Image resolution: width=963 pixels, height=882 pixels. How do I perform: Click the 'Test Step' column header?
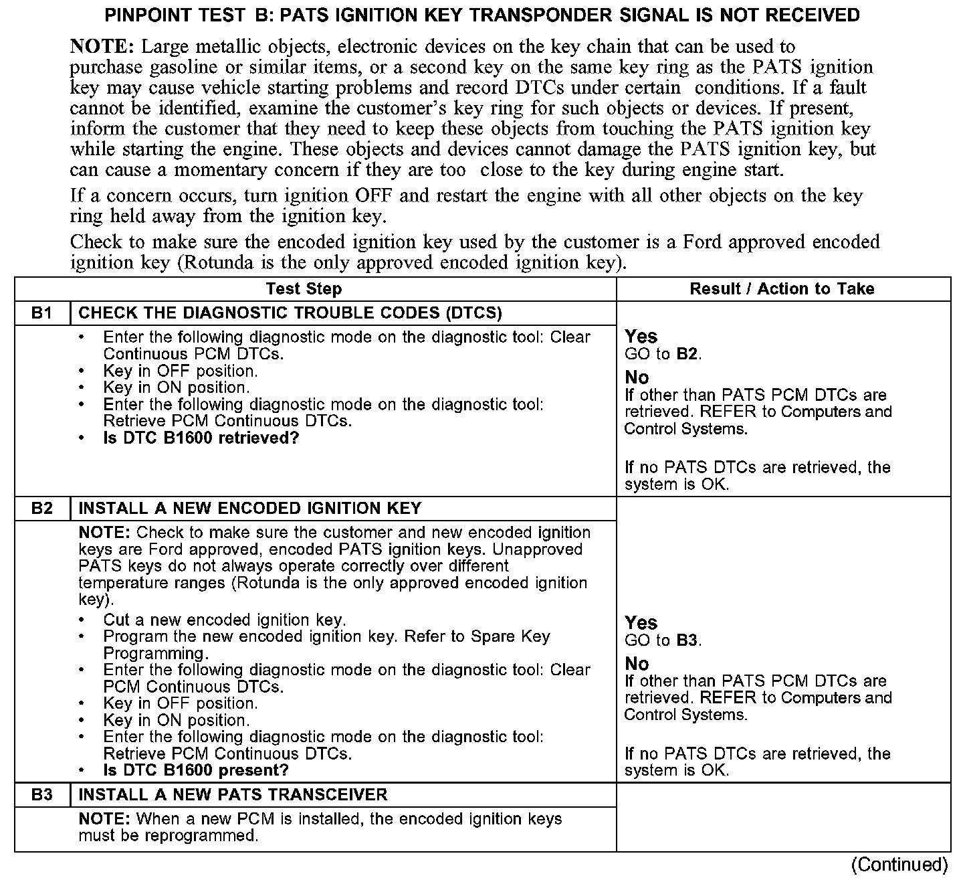click(x=304, y=289)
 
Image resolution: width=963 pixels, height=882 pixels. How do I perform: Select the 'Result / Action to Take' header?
click(x=782, y=289)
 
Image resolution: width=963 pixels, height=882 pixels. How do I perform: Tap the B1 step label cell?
click(x=41, y=313)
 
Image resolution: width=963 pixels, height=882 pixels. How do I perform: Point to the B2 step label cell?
click(x=41, y=509)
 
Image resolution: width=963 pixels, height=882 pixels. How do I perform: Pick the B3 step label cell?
click(x=41, y=795)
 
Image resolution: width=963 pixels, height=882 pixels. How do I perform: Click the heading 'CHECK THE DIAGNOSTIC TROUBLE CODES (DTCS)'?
click(x=290, y=313)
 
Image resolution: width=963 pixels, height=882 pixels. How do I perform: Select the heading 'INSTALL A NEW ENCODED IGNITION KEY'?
click(x=249, y=509)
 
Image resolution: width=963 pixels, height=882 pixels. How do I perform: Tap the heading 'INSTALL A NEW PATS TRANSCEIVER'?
click(x=233, y=795)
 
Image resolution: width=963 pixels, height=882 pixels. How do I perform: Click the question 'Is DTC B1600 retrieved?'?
click(x=201, y=438)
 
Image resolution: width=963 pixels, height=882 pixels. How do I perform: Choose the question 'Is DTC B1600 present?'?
click(x=195, y=770)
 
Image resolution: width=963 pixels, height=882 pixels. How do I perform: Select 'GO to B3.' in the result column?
click(x=663, y=640)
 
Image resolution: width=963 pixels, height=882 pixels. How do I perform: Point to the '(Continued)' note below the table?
click(x=899, y=865)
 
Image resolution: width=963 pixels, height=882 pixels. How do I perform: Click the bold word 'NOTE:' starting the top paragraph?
click(x=102, y=47)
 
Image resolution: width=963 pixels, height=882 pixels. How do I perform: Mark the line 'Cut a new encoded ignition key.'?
click(x=224, y=620)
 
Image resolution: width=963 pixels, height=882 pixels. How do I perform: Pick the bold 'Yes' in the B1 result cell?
click(x=641, y=337)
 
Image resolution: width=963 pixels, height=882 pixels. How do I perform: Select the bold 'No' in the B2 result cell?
click(x=637, y=664)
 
